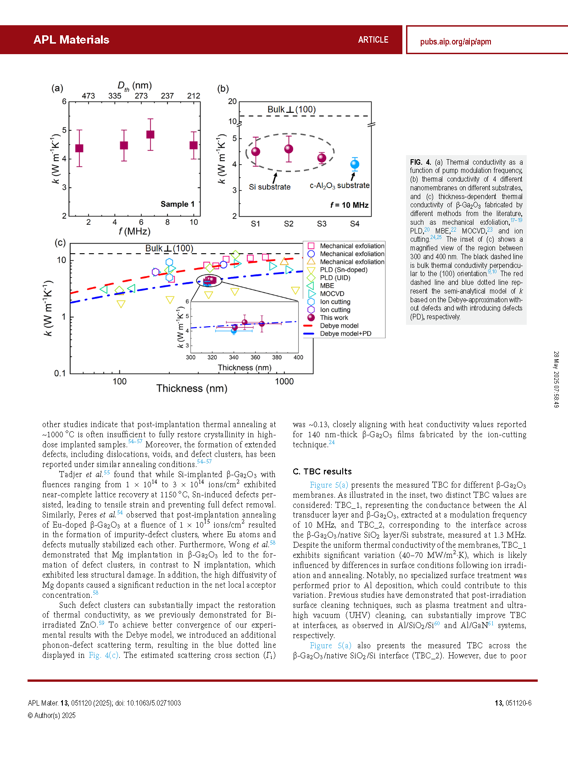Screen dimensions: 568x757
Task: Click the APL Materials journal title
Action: pyautogui.click(x=72, y=39)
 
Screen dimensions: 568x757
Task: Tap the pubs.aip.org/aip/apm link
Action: pyautogui.click(x=456, y=42)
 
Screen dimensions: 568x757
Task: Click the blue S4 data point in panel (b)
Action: pyautogui.click(x=355, y=164)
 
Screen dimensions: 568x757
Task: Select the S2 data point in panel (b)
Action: pyautogui.click(x=289, y=149)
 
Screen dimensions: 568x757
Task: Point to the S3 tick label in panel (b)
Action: pyautogui.click(x=322, y=224)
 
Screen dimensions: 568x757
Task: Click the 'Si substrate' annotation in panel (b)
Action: pyautogui.click(x=270, y=187)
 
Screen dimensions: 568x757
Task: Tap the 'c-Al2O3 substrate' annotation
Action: pyautogui.click(x=340, y=185)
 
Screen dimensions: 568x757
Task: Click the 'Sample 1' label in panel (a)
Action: pyautogui.click(x=178, y=204)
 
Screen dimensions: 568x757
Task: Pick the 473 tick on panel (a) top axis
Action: pyautogui.click(x=88, y=96)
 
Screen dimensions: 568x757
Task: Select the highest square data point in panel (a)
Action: pyautogui.click(x=150, y=134)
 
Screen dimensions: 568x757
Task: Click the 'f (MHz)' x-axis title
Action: pyautogui.click(x=134, y=231)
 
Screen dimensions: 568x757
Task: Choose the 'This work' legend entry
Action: pyautogui.click(x=334, y=317)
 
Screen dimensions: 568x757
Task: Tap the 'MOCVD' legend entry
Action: pyautogui.click(x=332, y=294)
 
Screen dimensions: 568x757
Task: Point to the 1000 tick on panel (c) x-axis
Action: pyautogui.click(x=284, y=381)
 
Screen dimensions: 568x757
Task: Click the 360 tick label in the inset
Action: pyautogui.click(x=255, y=357)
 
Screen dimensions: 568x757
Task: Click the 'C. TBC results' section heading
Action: pyautogui.click(x=322, y=472)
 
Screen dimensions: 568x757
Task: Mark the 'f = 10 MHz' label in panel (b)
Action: pyautogui.click(x=349, y=205)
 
